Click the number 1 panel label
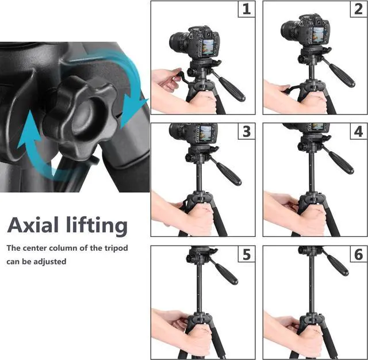[247, 9]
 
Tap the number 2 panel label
[359, 9]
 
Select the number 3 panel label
[247, 131]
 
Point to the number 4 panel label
[359, 131]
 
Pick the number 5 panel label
[247, 254]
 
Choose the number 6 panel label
[359, 254]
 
